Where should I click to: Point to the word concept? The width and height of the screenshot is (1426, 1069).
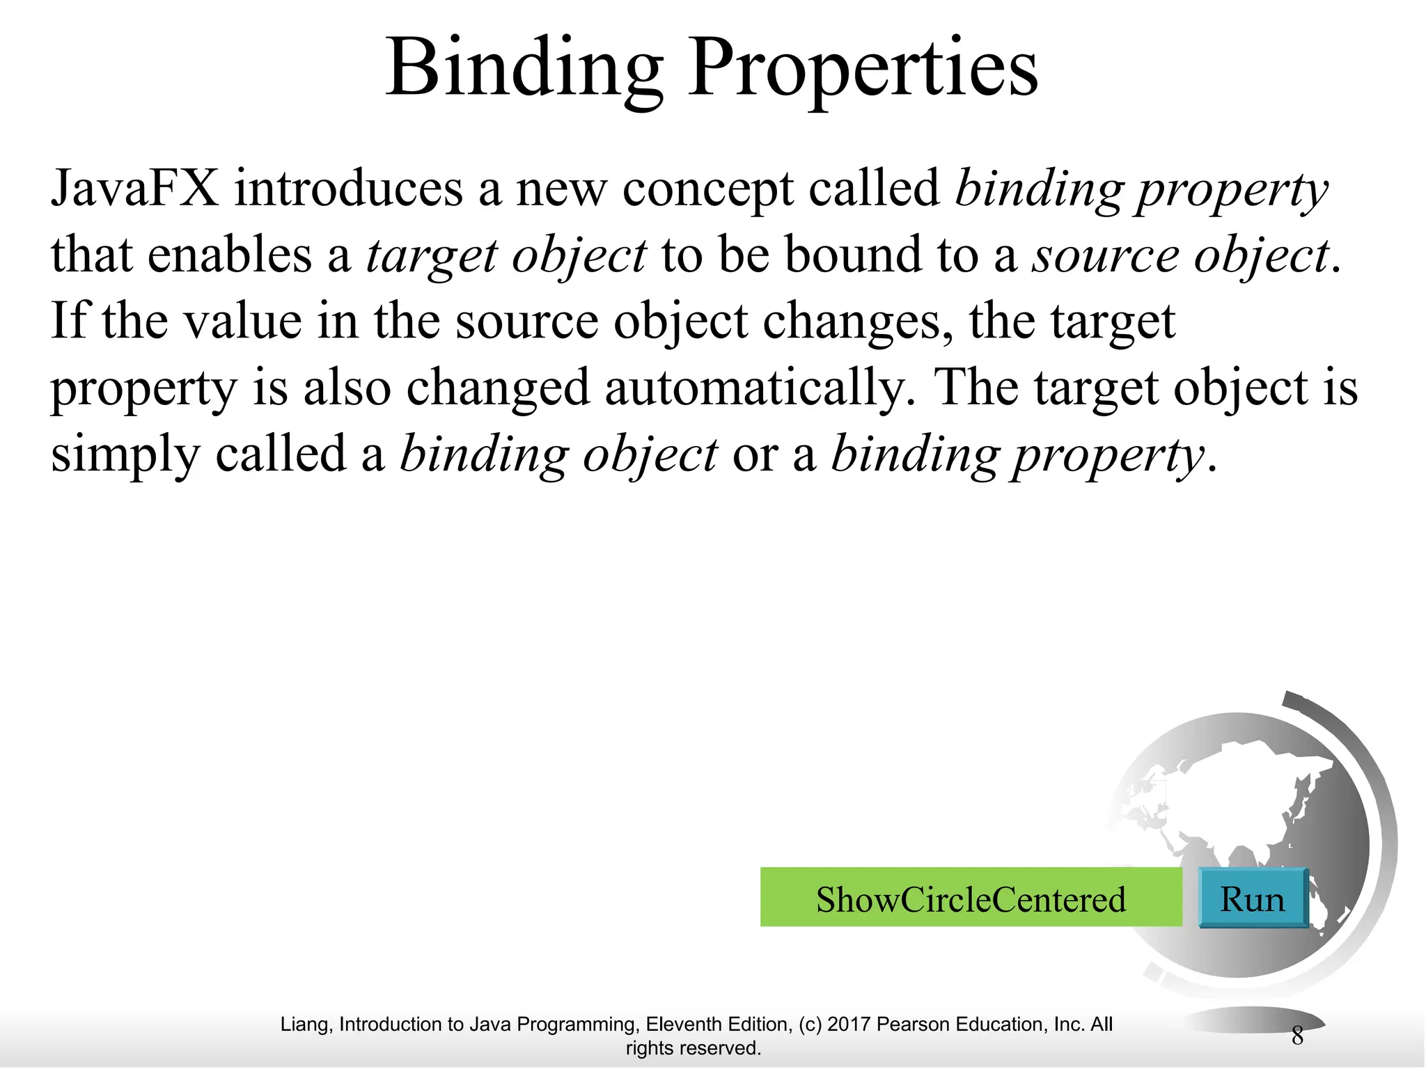[x=707, y=189]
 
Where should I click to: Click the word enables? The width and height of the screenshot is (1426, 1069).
[x=230, y=255]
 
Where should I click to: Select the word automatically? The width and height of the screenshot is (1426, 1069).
[x=760, y=388]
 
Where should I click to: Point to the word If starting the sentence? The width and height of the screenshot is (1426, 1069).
[x=70, y=321]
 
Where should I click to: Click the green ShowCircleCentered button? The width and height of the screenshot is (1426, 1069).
[x=971, y=898]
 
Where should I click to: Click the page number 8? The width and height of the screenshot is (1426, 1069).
[x=1297, y=1036]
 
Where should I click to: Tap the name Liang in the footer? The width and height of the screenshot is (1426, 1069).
[x=306, y=1024]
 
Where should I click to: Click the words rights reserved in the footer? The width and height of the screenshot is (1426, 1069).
[x=693, y=1048]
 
